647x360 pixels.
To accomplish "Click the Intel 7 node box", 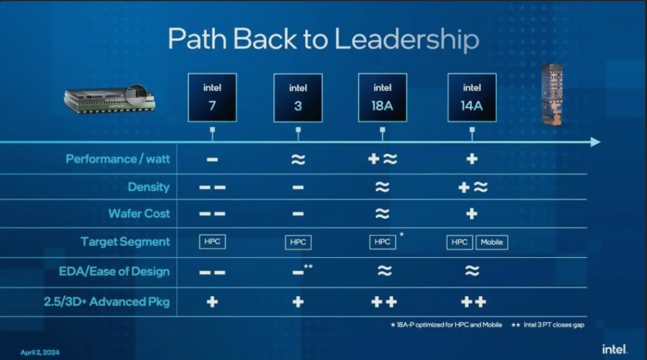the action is (212, 98).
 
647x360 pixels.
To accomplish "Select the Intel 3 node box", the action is (298, 98).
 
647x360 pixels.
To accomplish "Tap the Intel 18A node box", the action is (382, 98).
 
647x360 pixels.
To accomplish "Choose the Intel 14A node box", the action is (472, 98).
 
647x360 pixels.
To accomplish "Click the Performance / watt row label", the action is (118, 159).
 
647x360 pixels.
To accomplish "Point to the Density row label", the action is (148, 187).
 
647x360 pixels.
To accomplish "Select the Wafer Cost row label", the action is (139, 213).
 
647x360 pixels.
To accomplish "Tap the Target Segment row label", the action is (125, 242).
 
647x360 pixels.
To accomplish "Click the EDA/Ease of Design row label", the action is (114, 272).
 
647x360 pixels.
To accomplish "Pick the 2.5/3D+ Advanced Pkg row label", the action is (106, 302).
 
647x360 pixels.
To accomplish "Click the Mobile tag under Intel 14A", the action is (492, 242).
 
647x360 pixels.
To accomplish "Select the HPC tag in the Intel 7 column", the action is (212, 242).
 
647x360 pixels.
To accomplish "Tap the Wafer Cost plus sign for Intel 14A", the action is (471, 213).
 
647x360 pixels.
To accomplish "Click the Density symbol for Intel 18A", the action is (382, 187).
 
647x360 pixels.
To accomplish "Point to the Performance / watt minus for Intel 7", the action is (212, 160).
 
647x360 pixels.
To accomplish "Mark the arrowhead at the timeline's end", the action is (595, 142).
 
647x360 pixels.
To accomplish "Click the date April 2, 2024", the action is (40, 352).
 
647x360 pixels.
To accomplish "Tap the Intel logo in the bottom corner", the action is (614, 349).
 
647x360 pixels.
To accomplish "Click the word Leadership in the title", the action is (406, 40).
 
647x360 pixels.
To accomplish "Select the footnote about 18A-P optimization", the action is (446, 325).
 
